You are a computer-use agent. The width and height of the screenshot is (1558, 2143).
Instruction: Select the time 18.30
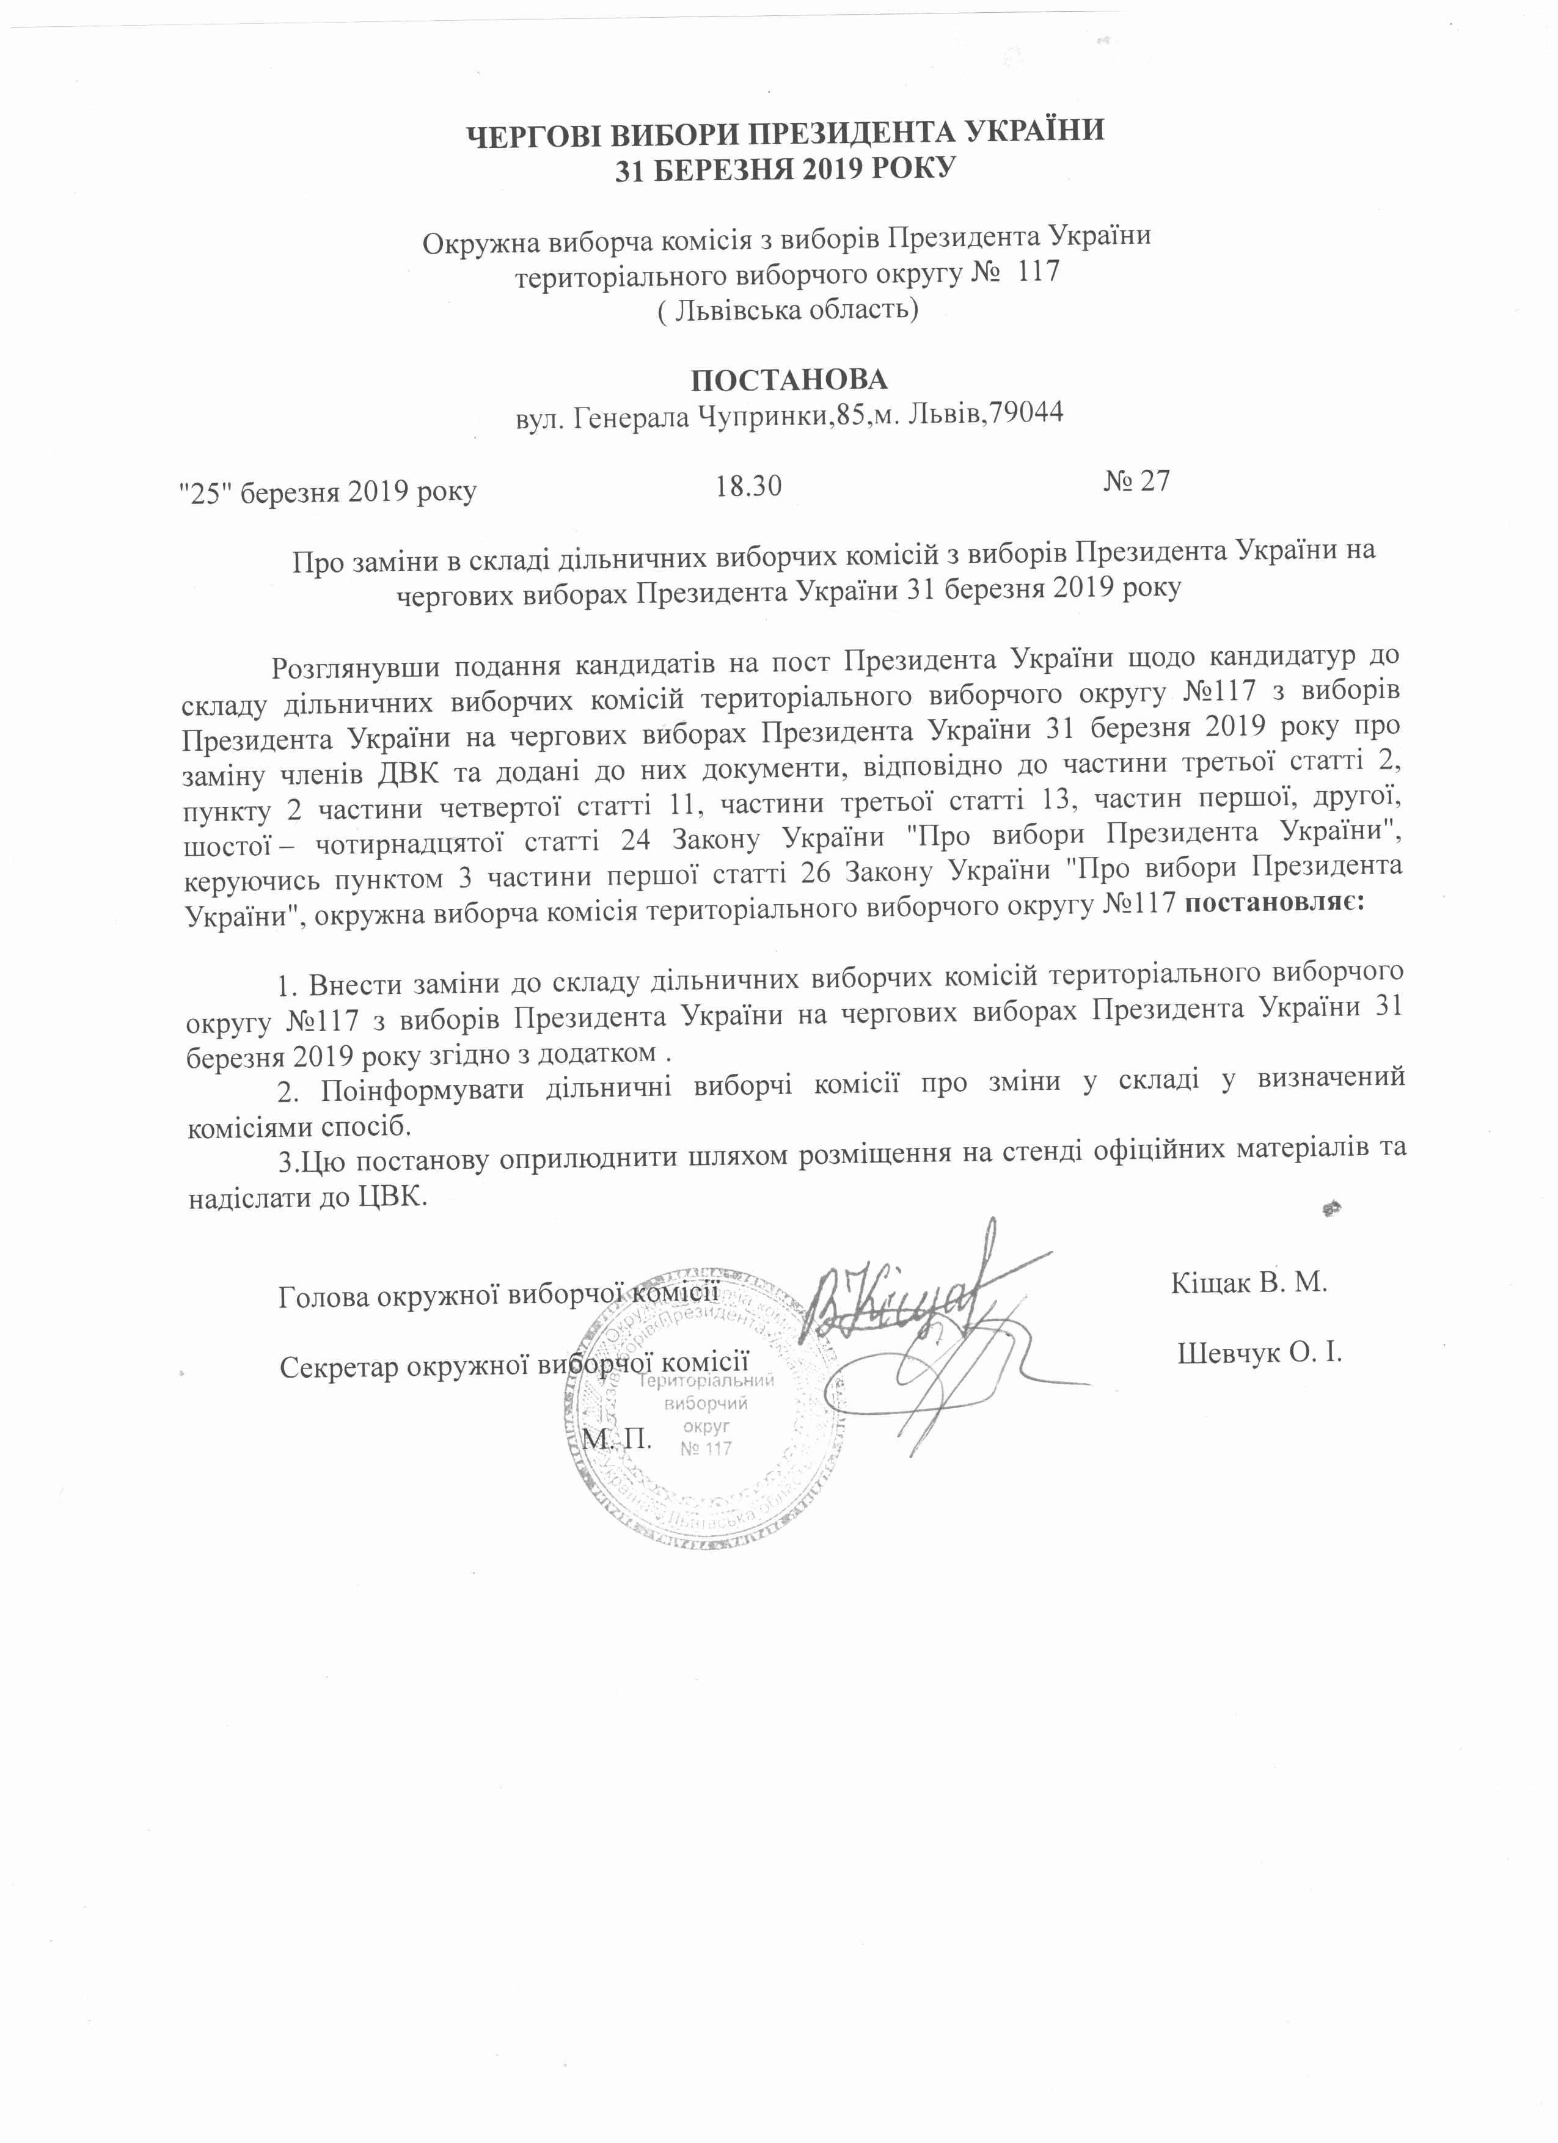click(x=749, y=487)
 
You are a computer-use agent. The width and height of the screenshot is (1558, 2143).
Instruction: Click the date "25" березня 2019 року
click(x=328, y=491)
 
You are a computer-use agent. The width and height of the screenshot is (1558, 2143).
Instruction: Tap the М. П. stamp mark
click(x=619, y=1439)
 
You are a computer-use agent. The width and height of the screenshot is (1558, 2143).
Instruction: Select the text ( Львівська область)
click(x=787, y=310)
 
